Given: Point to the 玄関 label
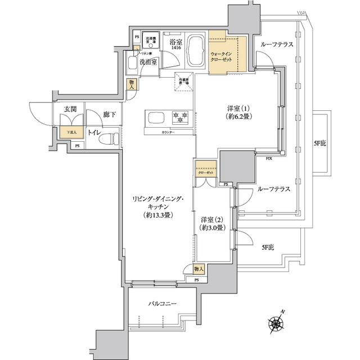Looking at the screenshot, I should pos(70,110).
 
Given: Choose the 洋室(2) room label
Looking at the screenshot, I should pos(213,219).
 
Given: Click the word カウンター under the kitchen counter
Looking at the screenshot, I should pos(168,132).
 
